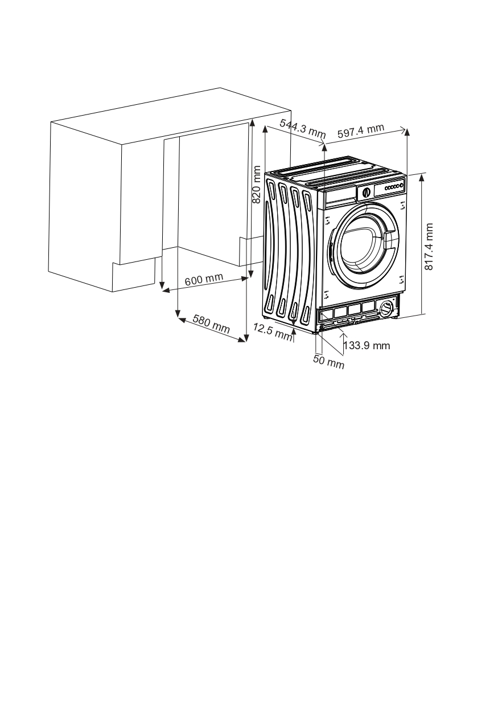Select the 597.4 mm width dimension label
pyautogui.click(x=361, y=131)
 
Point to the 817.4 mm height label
pyautogui.click(x=430, y=246)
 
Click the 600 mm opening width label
pyautogui.click(x=203, y=279)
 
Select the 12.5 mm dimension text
pyautogui.click(x=272, y=332)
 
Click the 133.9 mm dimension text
pyautogui.click(x=369, y=346)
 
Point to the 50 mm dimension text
pyautogui.click(x=329, y=362)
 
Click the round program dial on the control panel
pyautogui.click(x=366, y=192)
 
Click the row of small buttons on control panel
pyautogui.click(x=393, y=187)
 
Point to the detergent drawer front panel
pyautogui.click(x=340, y=197)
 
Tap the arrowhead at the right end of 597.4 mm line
pyautogui.click(x=406, y=130)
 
